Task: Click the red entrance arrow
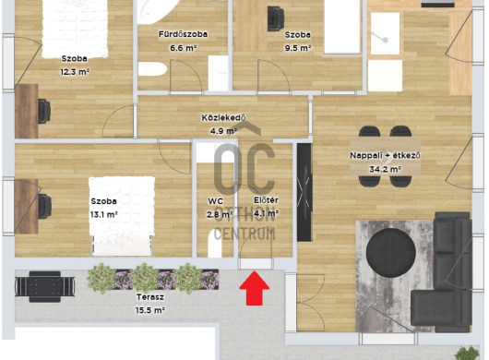click(254, 288)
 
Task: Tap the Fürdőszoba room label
click(183, 34)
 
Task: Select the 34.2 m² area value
click(385, 169)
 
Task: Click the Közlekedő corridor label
click(223, 117)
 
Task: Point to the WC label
click(216, 201)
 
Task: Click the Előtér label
click(266, 200)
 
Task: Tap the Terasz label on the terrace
click(150, 297)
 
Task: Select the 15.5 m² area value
click(150, 310)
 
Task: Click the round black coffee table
click(391, 253)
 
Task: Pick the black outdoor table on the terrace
click(45, 287)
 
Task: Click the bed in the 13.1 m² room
click(122, 216)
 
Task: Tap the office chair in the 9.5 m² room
click(276, 18)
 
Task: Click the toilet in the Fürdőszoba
click(152, 69)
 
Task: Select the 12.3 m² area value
click(75, 72)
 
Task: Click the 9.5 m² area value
click(298, 48)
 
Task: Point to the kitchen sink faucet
click(381, 37)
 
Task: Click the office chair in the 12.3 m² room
click(44, 111)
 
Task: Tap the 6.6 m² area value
click(183, 48)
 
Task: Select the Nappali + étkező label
click(385, 155)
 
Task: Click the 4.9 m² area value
click(223, 131)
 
